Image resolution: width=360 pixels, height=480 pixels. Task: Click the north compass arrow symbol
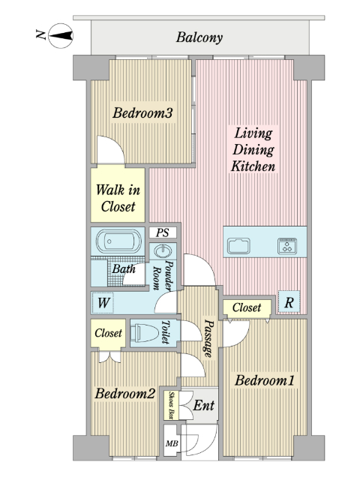(x=59, y=34)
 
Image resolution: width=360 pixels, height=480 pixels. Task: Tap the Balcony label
(x=199, y=37)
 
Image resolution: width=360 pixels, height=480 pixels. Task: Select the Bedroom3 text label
(x=143, y=114)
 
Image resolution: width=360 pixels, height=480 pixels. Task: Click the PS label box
(x=162, y=232)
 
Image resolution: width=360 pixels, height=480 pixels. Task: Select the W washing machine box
(x=102, y=303)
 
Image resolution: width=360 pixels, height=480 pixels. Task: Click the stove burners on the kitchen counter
(x=288, y=244)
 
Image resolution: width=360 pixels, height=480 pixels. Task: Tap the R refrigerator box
(x=289, y=302)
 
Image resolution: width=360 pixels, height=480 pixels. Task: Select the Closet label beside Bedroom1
(x=247, y=307)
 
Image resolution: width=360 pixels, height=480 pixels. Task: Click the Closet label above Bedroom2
(x=108, y=333)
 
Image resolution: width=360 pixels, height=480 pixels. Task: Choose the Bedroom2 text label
(x=125, y=394)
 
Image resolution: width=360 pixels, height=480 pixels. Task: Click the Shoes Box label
(x=172, y=406)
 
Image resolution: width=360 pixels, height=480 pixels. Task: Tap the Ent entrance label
(x=203, y=406)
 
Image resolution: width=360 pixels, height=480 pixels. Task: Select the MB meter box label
(x=172, y=443)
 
